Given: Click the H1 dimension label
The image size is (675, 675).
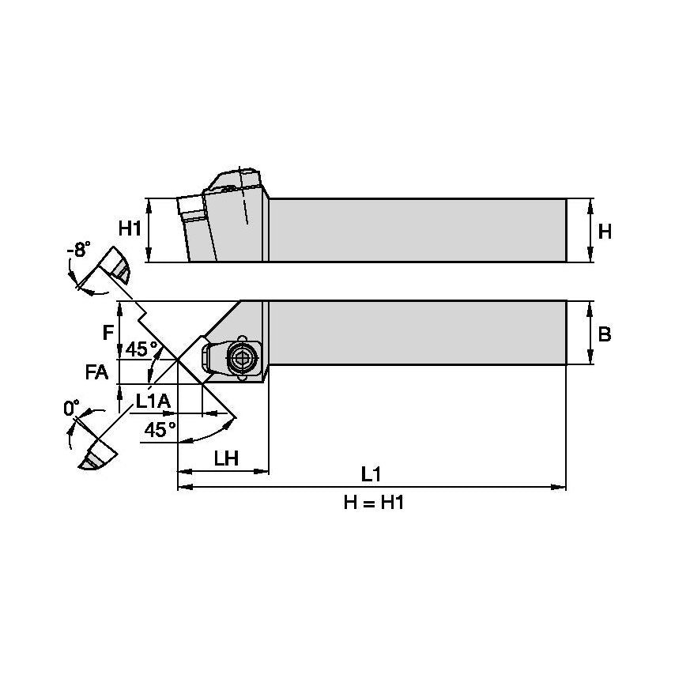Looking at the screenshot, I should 130,229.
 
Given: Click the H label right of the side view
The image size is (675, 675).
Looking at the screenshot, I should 605,232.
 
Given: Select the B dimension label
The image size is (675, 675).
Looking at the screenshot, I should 605,334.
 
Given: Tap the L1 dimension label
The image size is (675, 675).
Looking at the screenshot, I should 371,474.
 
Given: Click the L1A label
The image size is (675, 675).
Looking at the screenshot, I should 153,402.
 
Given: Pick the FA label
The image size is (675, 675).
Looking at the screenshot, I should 96,371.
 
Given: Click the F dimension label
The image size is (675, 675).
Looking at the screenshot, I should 108,333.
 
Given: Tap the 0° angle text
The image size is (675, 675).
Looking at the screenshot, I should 72,409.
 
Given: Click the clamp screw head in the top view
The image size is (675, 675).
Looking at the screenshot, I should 241,359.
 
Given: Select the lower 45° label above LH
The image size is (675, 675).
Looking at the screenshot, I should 161,429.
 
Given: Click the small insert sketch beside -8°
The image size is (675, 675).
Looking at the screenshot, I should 115,266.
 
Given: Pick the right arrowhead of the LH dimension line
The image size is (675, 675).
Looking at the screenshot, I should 264,472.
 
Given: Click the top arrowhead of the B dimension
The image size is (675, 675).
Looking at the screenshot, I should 591,305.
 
